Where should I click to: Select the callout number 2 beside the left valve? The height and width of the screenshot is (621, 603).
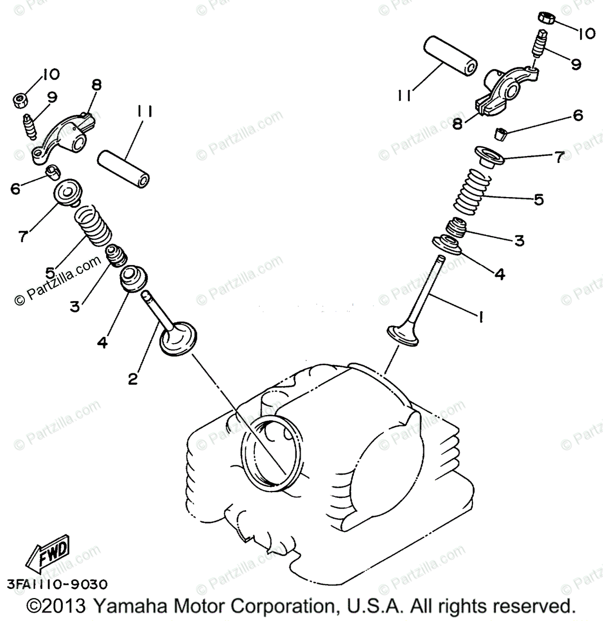click(133, 379)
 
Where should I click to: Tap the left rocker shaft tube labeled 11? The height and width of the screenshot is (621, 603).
click(124, 168)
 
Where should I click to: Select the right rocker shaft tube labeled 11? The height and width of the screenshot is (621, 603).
click(449, 55)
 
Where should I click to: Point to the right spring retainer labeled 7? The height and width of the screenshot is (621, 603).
click(489, 156)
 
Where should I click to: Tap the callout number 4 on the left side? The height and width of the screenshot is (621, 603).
click(103, 342)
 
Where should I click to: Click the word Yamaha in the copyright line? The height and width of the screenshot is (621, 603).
click(131, 605)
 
